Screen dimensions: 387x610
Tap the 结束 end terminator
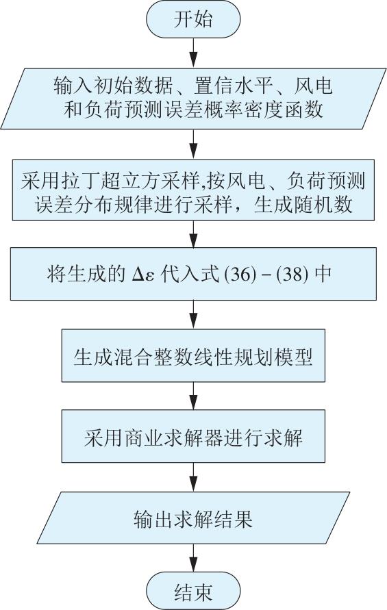tap(193, 592)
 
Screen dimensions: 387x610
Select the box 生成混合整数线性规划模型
tap(193, 355)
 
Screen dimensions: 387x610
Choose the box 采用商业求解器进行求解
tap(193, 437)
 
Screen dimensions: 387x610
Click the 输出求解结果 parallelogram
tap(193, 518)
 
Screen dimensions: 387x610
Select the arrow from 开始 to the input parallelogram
tap(193, 53)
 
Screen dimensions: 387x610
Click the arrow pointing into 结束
tap(193, 558)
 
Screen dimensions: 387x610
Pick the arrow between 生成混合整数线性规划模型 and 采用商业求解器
tap(193, 396)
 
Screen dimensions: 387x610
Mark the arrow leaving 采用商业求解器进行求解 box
tap(193, 477)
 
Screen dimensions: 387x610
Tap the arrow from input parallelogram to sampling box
tap(193, 144)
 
